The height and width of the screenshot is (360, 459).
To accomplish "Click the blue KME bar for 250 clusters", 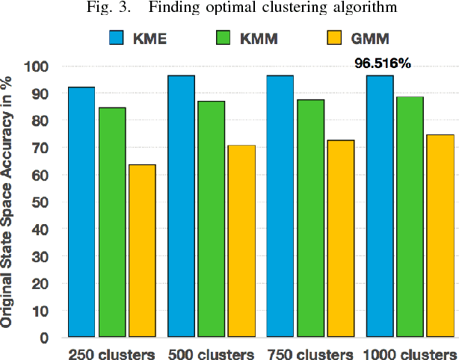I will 81,212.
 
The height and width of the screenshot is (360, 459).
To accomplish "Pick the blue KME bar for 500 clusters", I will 181,206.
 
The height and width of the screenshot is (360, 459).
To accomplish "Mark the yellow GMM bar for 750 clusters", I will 340,239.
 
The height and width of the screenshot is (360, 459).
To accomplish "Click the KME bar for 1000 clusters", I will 379,206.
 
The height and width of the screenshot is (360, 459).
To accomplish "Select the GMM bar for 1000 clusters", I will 440,236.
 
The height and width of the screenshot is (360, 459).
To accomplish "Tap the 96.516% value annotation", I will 383,64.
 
